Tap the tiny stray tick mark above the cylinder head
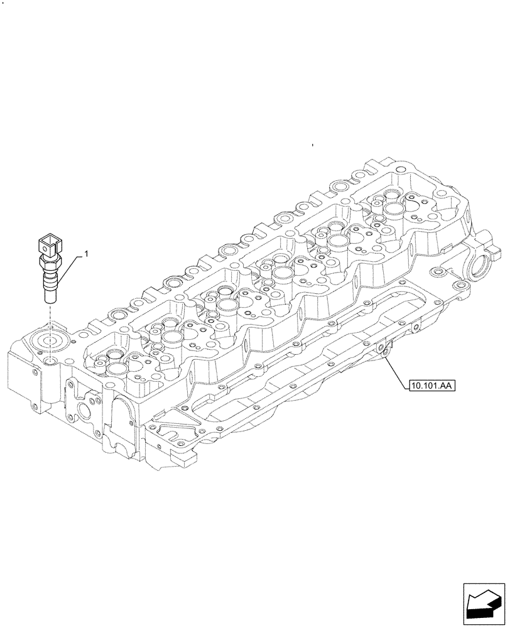click(x=312, y=146)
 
